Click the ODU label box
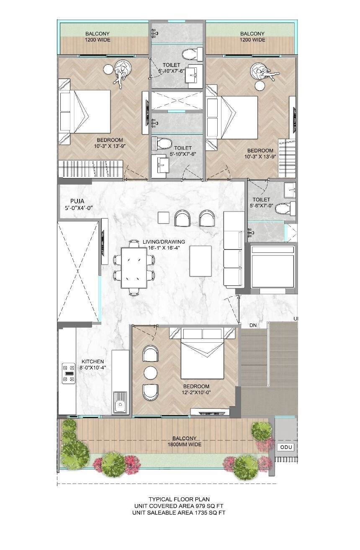pos(286,447)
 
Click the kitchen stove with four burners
pos(68,373)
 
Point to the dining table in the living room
pos(134,267)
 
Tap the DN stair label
pos(253,325)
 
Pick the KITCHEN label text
pos(93,362)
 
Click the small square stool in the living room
pos(163,217)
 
